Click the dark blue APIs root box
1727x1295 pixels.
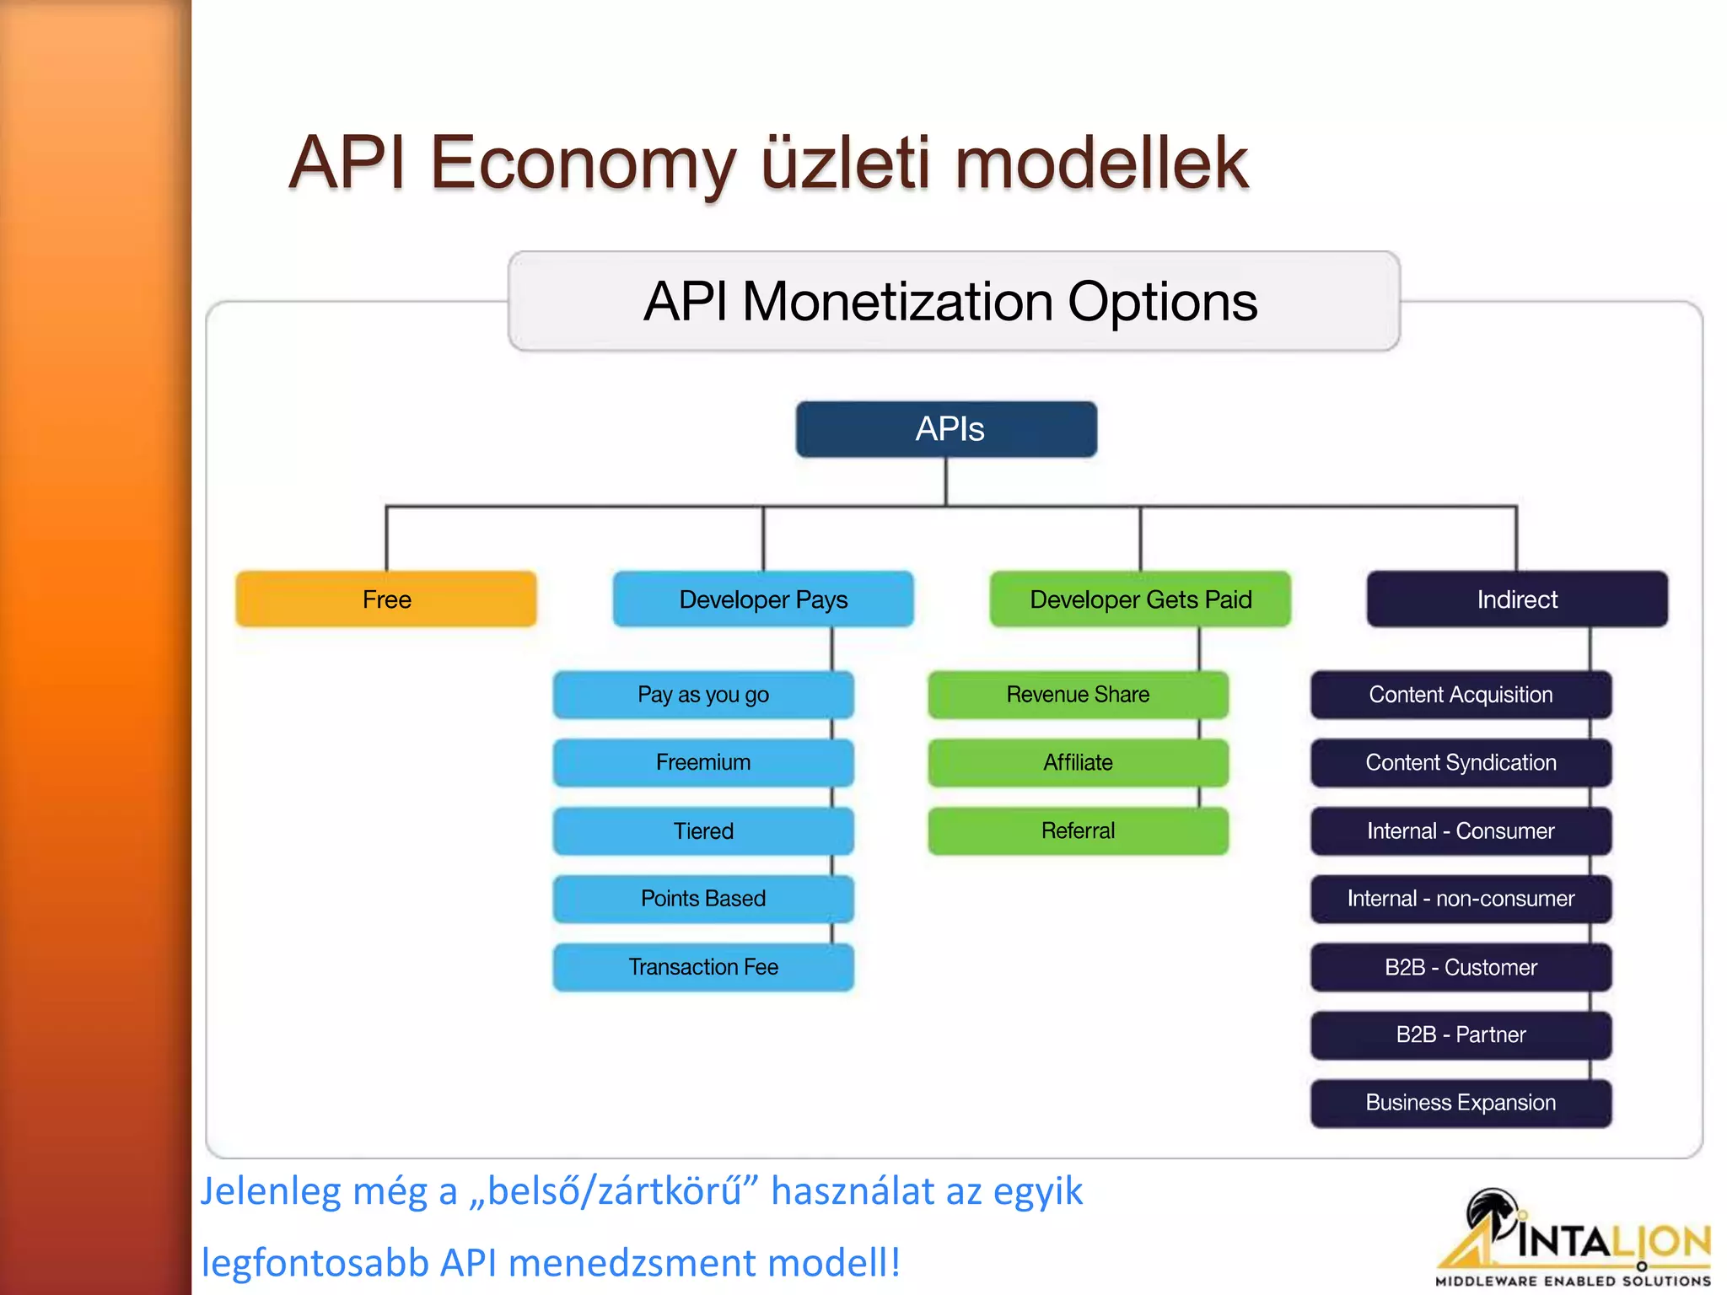coord(946,429)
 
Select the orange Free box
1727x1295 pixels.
coord(386,599)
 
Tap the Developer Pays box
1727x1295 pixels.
coord(763,599)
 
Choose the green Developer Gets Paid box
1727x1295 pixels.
coord(1140,599)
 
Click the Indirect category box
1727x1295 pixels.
coord(1516,599)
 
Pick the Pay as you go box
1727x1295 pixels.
coord(703,695)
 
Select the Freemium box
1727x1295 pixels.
coord(703,763)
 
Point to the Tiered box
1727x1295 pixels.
coord(703,831)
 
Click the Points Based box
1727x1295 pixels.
coord(703,899)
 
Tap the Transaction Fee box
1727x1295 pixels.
coord(703,967)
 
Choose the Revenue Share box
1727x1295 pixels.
coord(1078,695)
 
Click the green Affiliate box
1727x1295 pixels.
coord(1078,763)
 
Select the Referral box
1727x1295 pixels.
coord(1078,831)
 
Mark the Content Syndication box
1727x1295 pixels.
coord(1461,763)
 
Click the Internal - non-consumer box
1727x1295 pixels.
coord(1461,899)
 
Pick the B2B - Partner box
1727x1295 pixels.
coord(1461,1034)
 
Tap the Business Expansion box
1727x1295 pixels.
coord(1461,1103)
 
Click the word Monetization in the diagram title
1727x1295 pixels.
coord(897,302)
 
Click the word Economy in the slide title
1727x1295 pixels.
coord(583,162)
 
